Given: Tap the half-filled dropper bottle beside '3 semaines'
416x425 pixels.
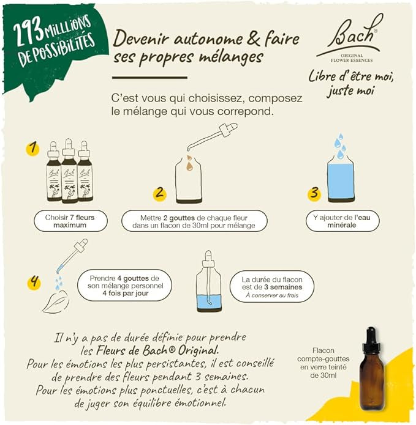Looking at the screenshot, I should click(208, 284).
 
